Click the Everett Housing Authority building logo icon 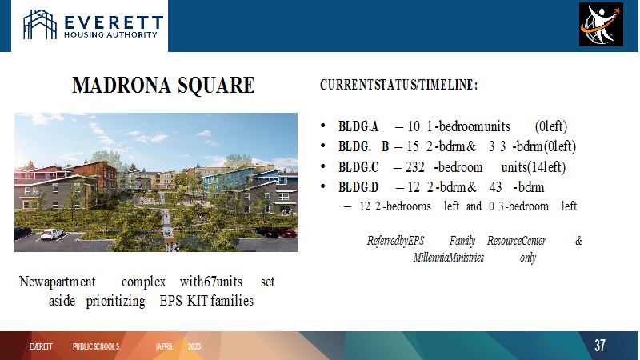coord(40,25)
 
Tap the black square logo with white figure coord(601,24)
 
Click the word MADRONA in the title coord(122,85)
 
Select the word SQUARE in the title coord(216,86)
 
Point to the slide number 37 coord(599,346)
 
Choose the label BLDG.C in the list coord(358,167)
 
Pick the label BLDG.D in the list coord(358,187)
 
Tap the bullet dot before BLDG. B coord(323,146)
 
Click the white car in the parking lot coord(52,234)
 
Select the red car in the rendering coord(286,233)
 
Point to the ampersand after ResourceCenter coord(578,241)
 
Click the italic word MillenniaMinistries coord(449,258)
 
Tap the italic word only coord(528,258)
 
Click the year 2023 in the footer coord(194,346)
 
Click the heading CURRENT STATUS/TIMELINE coord(398,85)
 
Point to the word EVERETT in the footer coord(41,346)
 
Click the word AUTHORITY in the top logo coord(132,35)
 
